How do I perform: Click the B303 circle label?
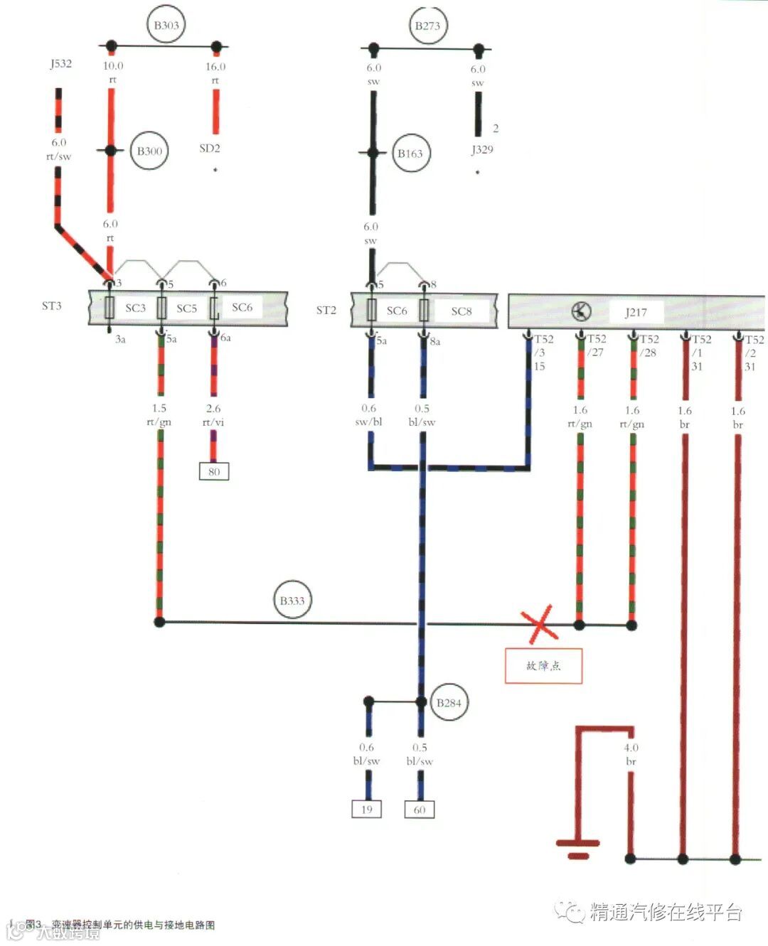[x=166, y=26]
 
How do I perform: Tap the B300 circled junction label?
[x=149, y=151]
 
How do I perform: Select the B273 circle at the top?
[x=427, y=26]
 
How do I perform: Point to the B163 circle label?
[x=410, y=153]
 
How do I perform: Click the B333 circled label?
[x=292, y=601]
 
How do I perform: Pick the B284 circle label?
[x=449, y=703]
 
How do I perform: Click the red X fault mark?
[x=540, y=625]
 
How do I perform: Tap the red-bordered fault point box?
[x=543, y=666]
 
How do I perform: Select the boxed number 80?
[x=214, y=471]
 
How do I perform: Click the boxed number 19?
[x=367, y=809]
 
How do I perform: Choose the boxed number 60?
[x=420, y=810]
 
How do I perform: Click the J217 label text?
[x=636, y=311]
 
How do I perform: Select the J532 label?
[x=60, y=63]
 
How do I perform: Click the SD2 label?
[x=209, y=149]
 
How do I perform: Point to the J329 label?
[x=481, y=149]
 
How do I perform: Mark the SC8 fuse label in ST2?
[x=461, y=311]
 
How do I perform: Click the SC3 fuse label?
[x=135, y=308]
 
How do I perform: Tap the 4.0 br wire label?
[x=631, y=754]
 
